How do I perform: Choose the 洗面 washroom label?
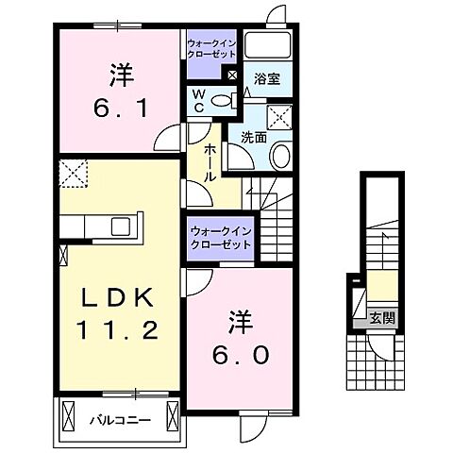[x=254, y=136]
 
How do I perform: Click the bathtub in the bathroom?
[x=270, y=48]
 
